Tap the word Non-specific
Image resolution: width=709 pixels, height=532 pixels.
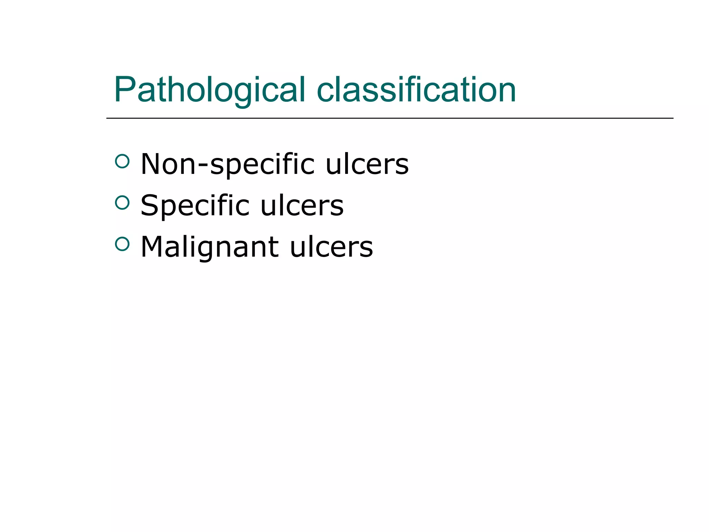(x=227, y=164)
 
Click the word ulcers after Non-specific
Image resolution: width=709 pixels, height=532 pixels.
(x=367, y=164)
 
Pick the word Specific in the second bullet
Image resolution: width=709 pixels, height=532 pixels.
(x=195, y=206)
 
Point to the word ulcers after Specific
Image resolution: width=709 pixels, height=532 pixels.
(x=302, y=206)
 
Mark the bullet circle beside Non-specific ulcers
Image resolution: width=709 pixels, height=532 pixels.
(x=122, y=161)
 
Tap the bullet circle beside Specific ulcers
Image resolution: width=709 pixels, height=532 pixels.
(x=122, y=203)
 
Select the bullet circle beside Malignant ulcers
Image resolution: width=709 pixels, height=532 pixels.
(x=122, y=244)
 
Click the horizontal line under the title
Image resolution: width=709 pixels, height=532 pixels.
(x=389, y=118)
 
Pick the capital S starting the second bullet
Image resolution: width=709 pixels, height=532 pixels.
(x=150, y=206)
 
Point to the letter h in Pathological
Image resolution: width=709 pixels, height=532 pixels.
(x=175, y=89)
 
